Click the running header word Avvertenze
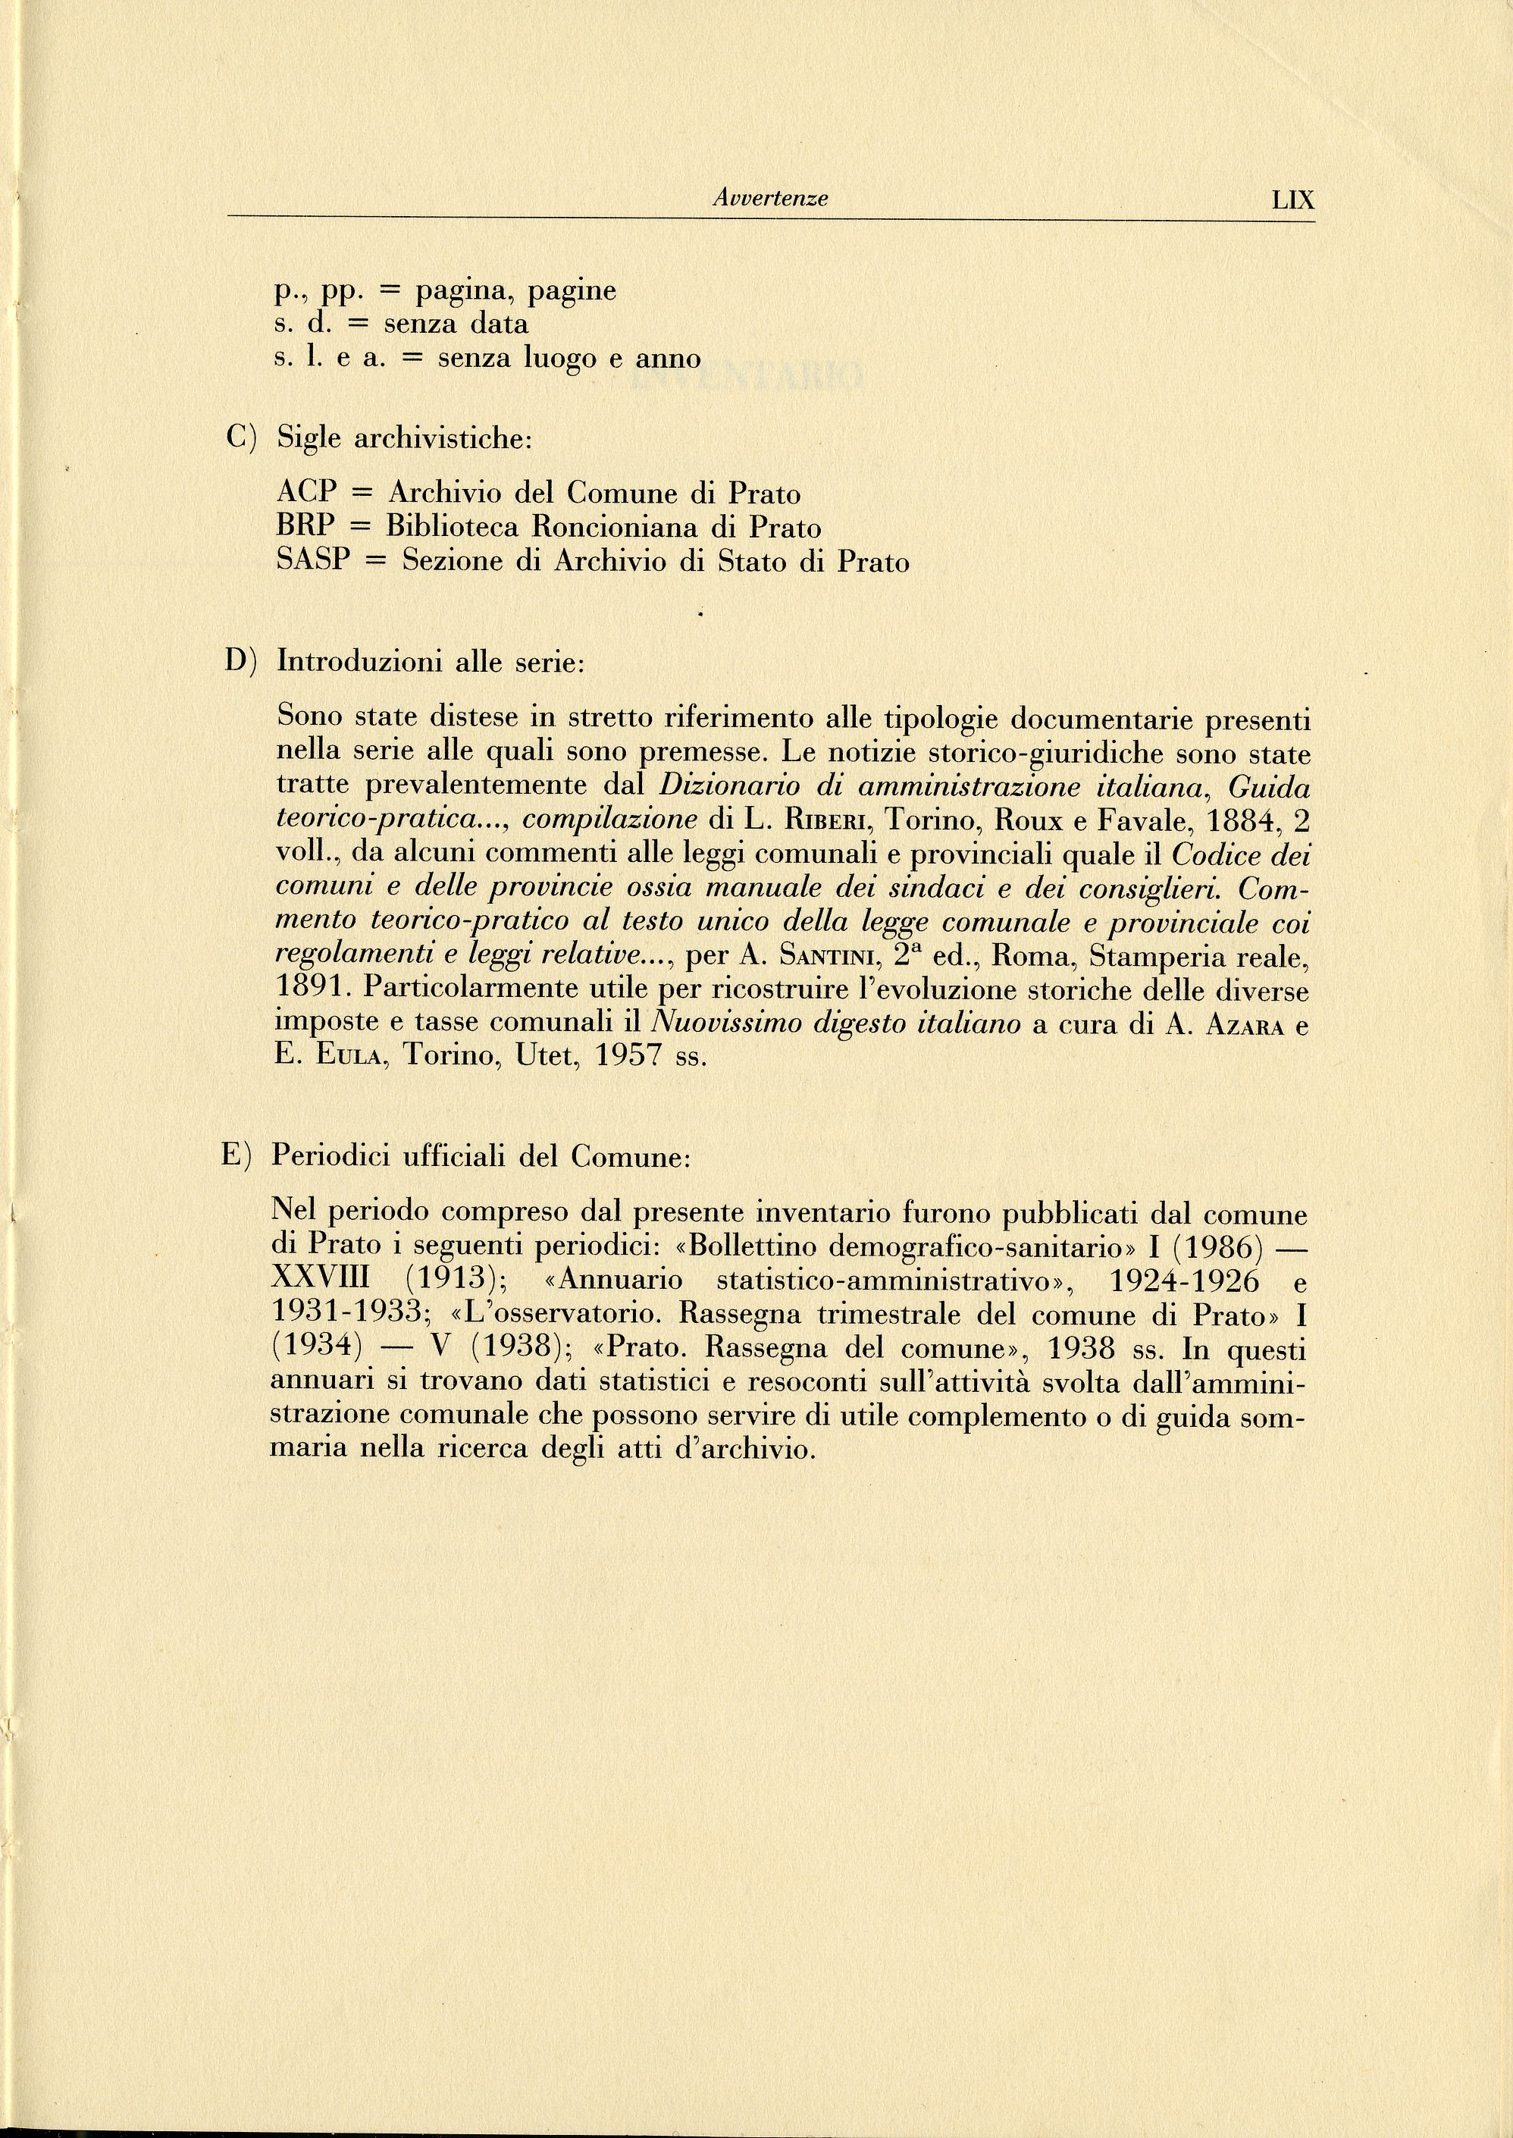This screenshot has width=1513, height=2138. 769,199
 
